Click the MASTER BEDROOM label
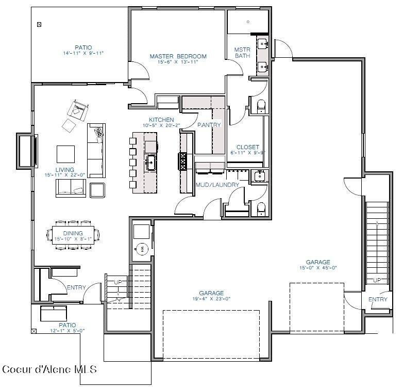tap(178, 56)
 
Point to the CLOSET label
tap(247, 147)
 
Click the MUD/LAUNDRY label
tap(217, 185)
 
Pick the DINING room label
tap(73, 233)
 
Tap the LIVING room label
tap(65, 170)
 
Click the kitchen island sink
tap(152, 163)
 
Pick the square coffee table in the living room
tap(65, 154)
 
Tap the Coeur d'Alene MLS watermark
tap(49, 369)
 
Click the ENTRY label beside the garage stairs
tap(378, 300)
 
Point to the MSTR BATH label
tap(242, 52)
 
